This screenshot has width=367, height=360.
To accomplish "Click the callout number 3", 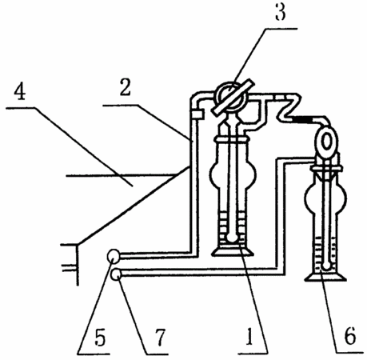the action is point(281,13).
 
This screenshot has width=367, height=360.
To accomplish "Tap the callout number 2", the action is point(126,87).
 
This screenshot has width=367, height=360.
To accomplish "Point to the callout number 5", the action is point(100,337).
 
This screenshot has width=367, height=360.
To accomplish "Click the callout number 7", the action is point(160,337).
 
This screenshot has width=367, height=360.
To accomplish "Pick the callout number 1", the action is point(249,337).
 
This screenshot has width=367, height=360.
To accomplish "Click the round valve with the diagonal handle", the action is point(231,97).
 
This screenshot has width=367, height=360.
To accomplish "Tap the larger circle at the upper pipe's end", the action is point(114,256).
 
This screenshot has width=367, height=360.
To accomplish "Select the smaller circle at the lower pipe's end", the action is point(116,274).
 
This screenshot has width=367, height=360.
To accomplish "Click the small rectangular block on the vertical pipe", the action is point(197,114).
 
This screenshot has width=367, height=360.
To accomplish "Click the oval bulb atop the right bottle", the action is point(326,142).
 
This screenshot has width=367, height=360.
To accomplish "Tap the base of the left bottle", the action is point(231,251).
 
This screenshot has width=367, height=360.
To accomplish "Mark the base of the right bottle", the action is point(325,277).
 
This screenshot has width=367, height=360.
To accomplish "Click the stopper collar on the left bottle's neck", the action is point(231,140).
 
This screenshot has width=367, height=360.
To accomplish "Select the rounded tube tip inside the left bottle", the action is point(232,238).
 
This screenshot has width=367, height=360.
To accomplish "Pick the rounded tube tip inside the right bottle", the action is point(325,266).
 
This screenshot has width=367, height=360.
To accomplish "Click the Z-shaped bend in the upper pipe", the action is point(289,108).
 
